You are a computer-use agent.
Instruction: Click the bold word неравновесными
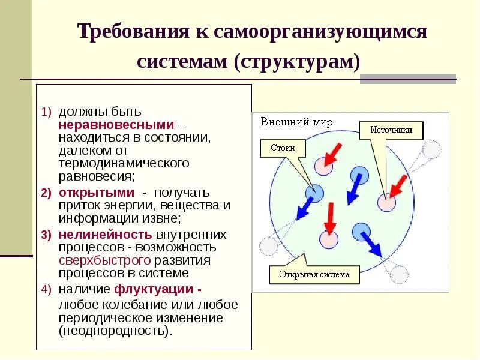tap(117, 125)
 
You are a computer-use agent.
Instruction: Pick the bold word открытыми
tap(97, 192)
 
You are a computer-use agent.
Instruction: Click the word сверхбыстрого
tap(104, 260)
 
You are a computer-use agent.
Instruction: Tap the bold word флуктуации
tap(154, 290)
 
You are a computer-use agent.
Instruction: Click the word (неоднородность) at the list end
tap(115, 330)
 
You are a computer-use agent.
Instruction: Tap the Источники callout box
tap(391, 129)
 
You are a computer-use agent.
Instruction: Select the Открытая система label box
tap(314, 275)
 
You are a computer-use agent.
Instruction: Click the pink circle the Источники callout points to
tap(386, 203)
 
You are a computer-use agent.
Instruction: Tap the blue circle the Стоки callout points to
tap(314, 193)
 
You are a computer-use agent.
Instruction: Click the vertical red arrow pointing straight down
tap(329, 219)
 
